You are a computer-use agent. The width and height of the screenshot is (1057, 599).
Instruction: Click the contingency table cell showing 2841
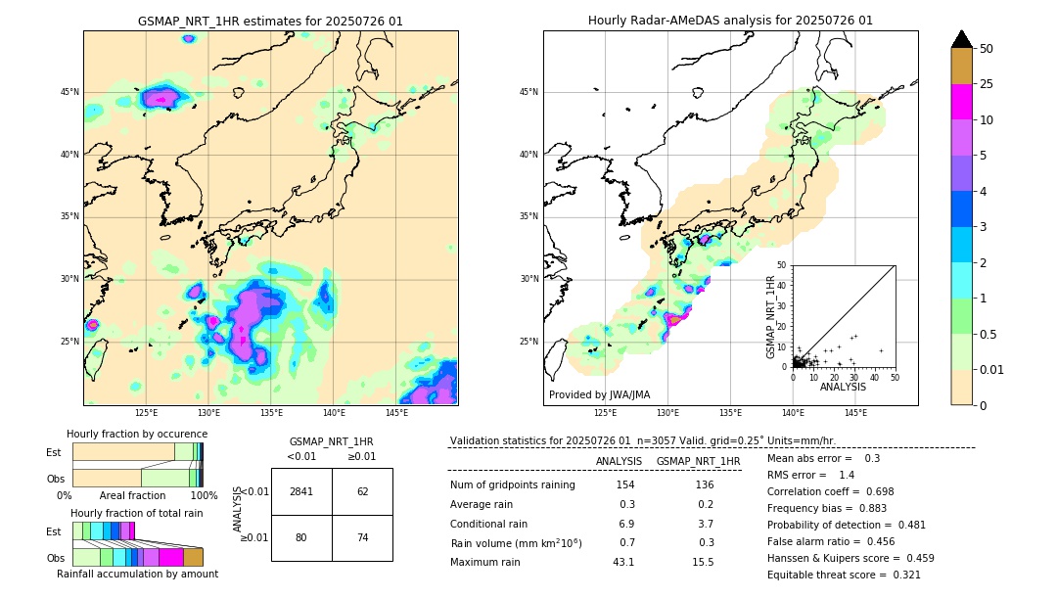click(301, 491)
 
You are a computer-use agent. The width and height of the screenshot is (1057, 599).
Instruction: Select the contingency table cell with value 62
click(362, 491)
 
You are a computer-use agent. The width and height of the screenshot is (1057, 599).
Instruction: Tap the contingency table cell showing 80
click(301, 537)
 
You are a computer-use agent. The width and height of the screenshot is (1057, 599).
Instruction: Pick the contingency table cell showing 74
click(362, 537)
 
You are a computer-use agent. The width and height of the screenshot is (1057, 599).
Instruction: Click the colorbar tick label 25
click(987, 84)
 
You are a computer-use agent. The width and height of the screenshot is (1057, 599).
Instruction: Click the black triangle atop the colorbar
click(961, 39)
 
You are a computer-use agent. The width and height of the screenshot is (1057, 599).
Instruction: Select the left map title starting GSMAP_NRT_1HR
click(270, 21)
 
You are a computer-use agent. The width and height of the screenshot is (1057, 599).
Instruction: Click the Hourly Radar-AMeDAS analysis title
click(730, 21)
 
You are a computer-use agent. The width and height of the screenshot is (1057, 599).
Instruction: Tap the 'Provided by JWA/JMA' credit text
click(599, 395)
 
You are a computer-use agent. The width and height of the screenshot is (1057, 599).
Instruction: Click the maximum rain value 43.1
click(623, 562)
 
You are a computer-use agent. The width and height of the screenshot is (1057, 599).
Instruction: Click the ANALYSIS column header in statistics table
click(619, 461)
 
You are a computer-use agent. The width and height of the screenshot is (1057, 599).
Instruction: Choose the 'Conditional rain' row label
click(489, 524)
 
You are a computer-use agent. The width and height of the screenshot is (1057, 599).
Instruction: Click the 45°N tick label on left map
click(69, 92)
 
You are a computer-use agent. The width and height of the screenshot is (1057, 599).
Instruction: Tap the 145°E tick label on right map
click(855, 414)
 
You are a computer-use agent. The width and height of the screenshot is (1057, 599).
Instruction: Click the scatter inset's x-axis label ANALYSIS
click(843, 387)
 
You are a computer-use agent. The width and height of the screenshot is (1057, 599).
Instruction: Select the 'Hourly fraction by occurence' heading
click(137, 434)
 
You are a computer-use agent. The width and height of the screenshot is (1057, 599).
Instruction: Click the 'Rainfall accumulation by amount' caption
click(137, 574)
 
